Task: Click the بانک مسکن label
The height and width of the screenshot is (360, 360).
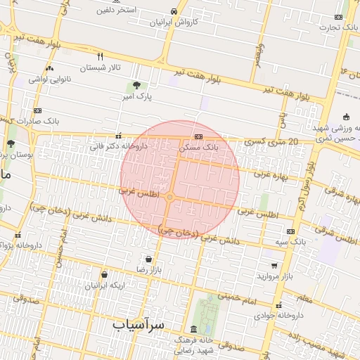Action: (199, 148)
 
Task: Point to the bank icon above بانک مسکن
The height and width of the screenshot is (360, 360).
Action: (199, 136)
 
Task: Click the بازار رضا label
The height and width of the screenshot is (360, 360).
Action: (149, 269)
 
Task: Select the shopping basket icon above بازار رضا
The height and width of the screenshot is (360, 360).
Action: (148, 259)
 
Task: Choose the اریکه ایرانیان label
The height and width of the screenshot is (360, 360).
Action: (105, 285)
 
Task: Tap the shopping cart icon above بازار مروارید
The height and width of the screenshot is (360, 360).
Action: (274, 266)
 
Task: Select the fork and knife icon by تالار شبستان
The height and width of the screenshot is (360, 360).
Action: (101, 56)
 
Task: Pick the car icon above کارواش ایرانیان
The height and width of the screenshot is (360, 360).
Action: (174, 12)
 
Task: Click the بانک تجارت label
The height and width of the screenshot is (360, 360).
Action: (340, 27)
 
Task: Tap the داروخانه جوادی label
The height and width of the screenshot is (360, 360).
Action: (280, 316)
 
